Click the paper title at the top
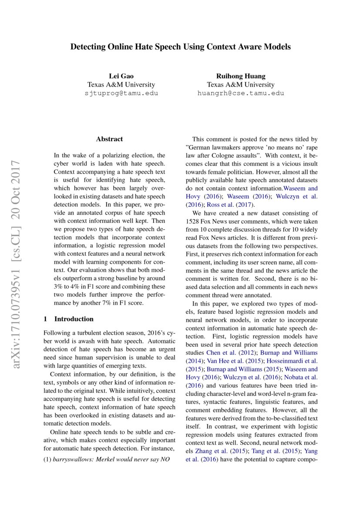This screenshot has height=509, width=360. point(180,47)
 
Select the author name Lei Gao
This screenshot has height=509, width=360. point(121,76)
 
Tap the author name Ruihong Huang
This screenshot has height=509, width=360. point(240,76)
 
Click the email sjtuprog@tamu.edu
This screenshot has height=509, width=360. point(121,93)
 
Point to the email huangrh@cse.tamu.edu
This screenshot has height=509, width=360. point(240,93)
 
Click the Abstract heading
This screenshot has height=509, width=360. point(109,139)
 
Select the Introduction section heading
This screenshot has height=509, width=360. point(74,319)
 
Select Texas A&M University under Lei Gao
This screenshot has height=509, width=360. point(121,84)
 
